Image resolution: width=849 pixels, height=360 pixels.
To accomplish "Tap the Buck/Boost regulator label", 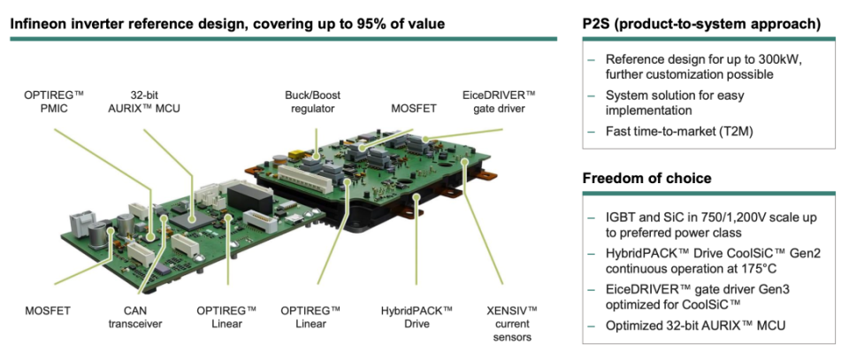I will (312, 101).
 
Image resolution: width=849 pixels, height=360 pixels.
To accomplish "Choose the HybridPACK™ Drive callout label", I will (417, 316).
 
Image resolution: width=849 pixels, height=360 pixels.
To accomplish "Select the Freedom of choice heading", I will (646, 179).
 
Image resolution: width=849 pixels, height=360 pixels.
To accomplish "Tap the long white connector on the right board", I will (301, 176).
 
